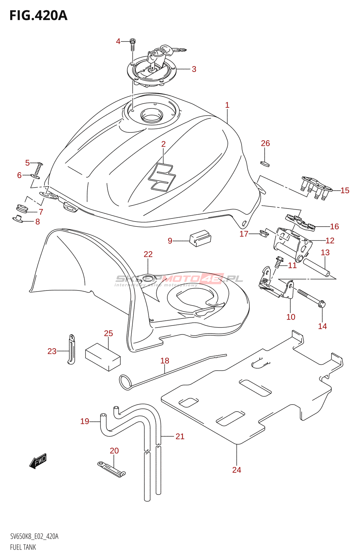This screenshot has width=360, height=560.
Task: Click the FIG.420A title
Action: point(38,16)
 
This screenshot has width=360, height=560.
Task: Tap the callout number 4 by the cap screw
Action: point(118,41)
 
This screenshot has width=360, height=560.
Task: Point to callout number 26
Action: point(265,143)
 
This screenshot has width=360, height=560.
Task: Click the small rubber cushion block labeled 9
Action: point(200,238)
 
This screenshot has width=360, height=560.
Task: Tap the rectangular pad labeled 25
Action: point(103,357)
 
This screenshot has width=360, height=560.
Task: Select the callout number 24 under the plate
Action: point(237,470)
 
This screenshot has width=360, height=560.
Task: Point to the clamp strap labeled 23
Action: point(71,349)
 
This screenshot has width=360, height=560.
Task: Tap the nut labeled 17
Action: point(264,233)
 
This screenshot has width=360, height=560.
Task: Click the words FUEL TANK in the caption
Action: point(23,547)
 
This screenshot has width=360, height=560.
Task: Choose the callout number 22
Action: point(148,254)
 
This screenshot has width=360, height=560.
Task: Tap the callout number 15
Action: point(345,190)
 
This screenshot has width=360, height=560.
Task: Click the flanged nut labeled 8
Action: point(18,219)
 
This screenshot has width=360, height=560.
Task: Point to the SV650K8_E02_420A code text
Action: point(34,536)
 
